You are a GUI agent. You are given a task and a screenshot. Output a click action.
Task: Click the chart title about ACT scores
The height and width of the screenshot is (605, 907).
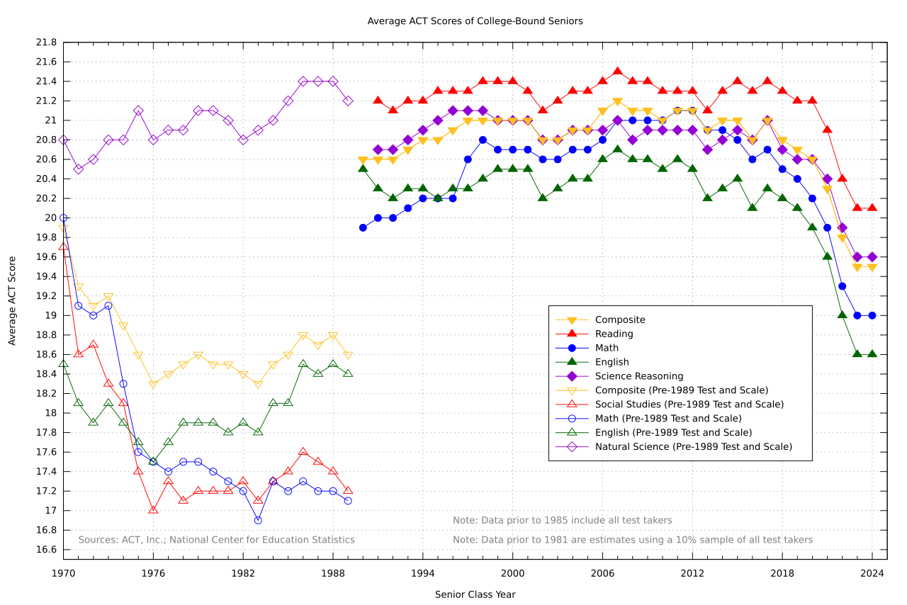475,21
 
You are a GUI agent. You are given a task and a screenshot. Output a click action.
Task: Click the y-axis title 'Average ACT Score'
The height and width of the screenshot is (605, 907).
12,301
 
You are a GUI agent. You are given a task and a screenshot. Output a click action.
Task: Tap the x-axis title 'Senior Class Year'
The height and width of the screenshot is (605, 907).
475,594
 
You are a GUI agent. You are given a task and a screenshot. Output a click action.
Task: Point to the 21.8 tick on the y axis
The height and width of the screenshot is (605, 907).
46,43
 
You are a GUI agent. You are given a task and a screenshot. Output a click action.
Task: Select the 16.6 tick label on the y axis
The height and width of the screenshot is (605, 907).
46,550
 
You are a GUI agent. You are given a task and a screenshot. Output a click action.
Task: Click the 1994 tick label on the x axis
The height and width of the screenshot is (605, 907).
423,572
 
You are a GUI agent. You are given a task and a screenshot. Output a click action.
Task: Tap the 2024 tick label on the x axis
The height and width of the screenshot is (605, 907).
872,572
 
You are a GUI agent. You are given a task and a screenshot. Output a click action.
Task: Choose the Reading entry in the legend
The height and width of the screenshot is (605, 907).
614,334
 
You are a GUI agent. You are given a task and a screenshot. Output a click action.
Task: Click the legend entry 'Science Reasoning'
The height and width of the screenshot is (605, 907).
638,376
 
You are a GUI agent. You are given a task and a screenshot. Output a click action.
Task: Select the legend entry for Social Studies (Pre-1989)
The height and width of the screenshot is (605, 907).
689,405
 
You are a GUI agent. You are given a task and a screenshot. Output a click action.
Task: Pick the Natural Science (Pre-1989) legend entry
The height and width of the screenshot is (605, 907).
693,447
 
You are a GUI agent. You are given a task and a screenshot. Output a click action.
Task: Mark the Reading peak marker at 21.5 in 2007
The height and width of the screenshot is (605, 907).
617,72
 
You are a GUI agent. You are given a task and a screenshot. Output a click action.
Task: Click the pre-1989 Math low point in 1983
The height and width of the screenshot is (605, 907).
258,520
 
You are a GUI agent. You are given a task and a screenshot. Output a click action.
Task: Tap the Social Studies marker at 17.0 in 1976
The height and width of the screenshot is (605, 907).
153,510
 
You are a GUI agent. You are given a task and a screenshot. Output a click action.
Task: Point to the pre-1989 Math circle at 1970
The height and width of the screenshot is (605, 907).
64,218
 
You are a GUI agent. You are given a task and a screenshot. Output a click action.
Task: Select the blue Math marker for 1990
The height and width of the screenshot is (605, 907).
363,228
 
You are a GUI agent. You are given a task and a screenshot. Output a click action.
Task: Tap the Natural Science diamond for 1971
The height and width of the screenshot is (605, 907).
79,169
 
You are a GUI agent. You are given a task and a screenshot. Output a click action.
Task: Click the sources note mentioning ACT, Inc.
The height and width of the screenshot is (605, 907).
216,540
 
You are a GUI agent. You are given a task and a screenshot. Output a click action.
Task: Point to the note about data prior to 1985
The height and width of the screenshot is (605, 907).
562,521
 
